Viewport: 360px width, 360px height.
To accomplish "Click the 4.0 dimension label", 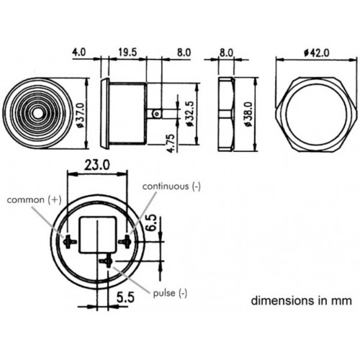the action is pyautogui.click(x=79, y=53).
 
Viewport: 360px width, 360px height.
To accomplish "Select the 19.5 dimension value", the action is pyautogui.click(x=127, y=53).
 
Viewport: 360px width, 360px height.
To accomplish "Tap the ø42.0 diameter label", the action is pyautogui.click(x=317, y=53).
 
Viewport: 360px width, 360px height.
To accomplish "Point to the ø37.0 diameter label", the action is pyautogui.click(x=81, y=115).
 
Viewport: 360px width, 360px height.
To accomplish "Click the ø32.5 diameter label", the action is pyautogui.click(x=189, y=114).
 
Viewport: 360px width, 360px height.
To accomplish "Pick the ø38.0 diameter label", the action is pyautogui.click(x=248, y=114).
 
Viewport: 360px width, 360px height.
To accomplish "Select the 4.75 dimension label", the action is pyautogui.click(x=171, y=143).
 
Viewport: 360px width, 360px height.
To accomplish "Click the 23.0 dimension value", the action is pyautogui.click(x=97, y=165).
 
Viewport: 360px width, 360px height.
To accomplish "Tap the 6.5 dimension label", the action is pyautogui.click(x=152, y=222).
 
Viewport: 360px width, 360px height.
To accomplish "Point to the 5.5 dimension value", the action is pyautogui.click(x=125, y=297).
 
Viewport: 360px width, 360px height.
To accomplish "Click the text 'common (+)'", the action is pyautogui.click(x=34, y=199).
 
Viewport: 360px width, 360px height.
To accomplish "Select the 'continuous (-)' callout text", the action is pyautogui.click(x=171, y=186).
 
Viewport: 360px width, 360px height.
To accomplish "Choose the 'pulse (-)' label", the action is pyautogui.click(x=170, y=293).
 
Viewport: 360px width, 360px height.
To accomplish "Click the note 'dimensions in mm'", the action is pyautogui.click(x=302, y=300).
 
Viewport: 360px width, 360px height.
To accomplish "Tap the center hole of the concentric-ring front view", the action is pyautogui.click(x=37, y=114).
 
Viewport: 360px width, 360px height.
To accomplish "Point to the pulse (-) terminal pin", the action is pyautogui.click(x=106, y=261).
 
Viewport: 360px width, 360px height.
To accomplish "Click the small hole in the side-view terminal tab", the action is pyautogui.click(x=157, y=114).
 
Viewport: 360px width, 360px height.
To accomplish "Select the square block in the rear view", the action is pyautogui.click(x=98, y=235).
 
